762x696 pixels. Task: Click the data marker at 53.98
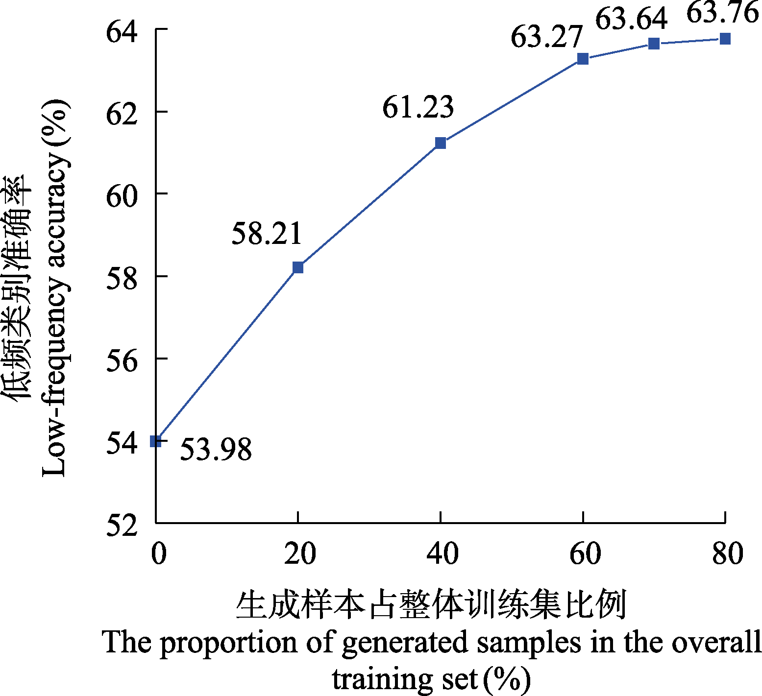coord(156,441)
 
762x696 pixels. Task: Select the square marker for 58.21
coord(298,267)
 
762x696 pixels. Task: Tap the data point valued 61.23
coord(441,143)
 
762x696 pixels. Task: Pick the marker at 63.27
coord(583,59)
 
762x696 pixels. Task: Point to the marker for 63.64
coord(654,44)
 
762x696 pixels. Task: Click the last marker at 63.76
coord(725,39)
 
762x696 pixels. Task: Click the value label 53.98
coord(216,449)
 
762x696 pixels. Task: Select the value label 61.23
coord(418,107)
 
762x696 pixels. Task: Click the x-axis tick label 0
coord(158,553)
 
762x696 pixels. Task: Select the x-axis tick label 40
coord(442,553)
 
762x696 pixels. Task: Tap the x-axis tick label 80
coord(727,553)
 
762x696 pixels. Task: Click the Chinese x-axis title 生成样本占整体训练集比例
coord(431,605)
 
